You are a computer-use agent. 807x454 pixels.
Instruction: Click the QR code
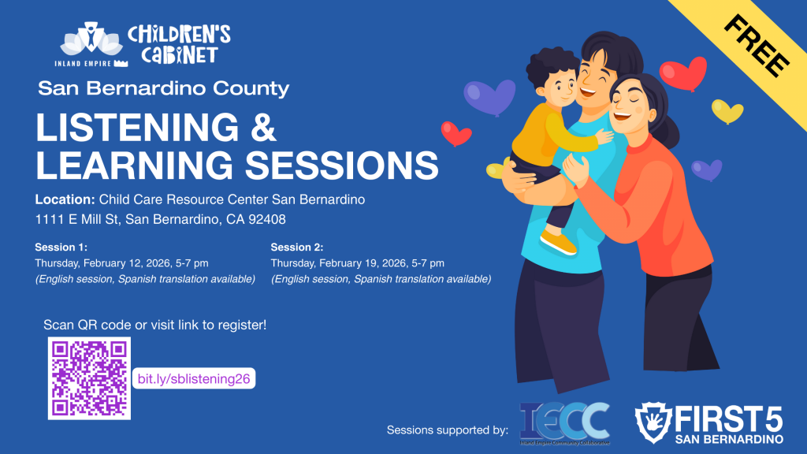coord(89,378)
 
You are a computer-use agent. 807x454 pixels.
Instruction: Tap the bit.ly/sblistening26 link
coord(194,379)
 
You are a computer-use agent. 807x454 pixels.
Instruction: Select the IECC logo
coord(564,424)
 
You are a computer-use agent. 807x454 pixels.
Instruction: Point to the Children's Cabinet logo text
coord(179,43)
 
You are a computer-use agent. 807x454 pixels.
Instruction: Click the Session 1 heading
coord(61,247)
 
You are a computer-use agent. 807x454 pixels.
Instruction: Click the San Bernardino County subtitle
coord(164,88)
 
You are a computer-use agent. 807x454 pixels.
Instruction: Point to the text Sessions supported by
coord(447,430)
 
